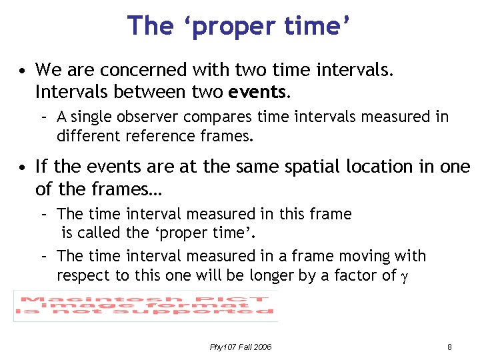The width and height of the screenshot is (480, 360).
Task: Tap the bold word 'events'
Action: click(x=258, y=90)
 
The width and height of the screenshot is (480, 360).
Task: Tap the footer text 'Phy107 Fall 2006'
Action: click(x=240, y=347)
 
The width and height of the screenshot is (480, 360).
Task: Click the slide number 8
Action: click(x=449, y=347)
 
